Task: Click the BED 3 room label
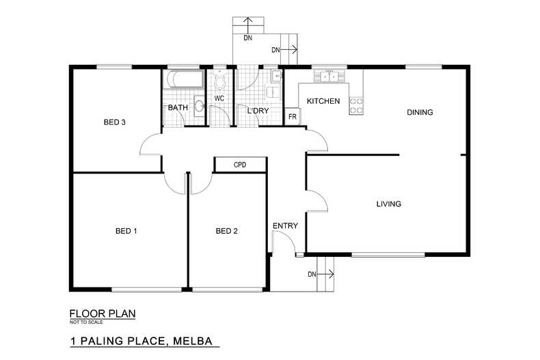[115, 123]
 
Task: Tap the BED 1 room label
[126, 231]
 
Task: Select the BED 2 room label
[226, 231]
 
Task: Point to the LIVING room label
[388, 204]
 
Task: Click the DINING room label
[420, 112]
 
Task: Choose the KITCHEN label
[323, 101]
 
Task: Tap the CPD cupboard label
[240, 165]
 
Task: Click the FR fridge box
[292, 117]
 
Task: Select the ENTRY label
[285, 225]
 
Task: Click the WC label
[219, 98]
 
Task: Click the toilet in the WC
[219, 81]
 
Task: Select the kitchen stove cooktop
[356, 105]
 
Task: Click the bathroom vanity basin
[198, 106]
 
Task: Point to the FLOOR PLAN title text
[102, 314]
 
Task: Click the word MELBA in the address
[195, 340]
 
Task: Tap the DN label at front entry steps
[312, 275]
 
